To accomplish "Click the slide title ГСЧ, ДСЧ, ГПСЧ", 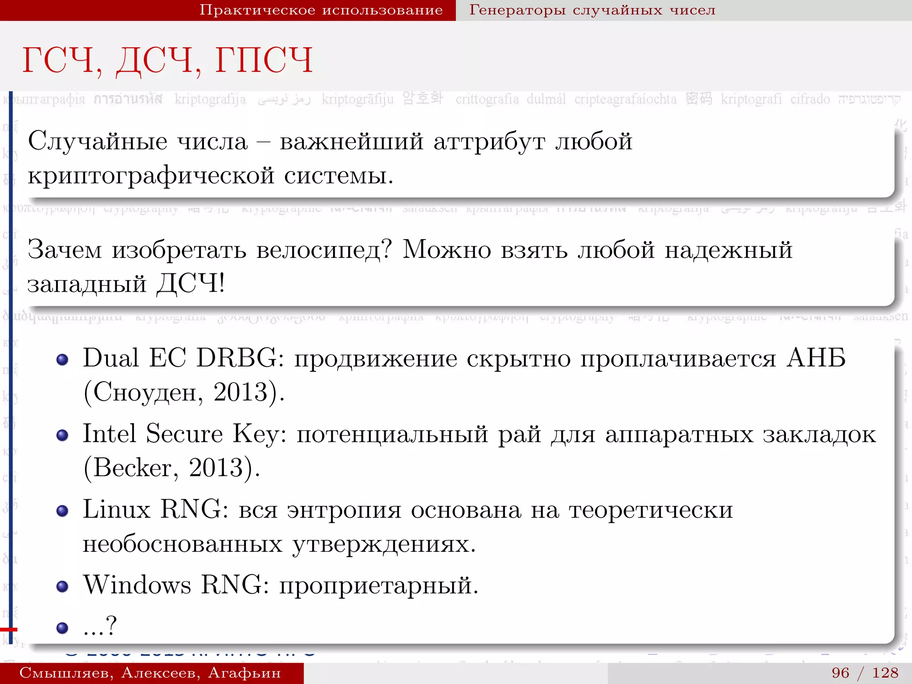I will (167, 61).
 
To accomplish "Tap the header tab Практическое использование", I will (321, 10).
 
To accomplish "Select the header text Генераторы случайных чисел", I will (592, 10).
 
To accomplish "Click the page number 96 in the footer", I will (840, 672).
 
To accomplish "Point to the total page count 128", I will (885, 672).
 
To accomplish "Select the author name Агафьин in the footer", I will (244, 673).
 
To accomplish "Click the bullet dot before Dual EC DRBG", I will (62, 359).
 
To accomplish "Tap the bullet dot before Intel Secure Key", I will (62, 435).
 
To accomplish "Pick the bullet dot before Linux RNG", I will (62, 511).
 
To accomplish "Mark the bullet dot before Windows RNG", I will (62, 586).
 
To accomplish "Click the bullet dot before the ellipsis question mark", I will (62, 628).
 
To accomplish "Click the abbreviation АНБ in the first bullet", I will (816, 358).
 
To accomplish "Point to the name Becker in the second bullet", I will (132, 468).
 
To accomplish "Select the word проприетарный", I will (379, 585).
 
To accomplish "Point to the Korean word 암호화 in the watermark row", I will (423, 98).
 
